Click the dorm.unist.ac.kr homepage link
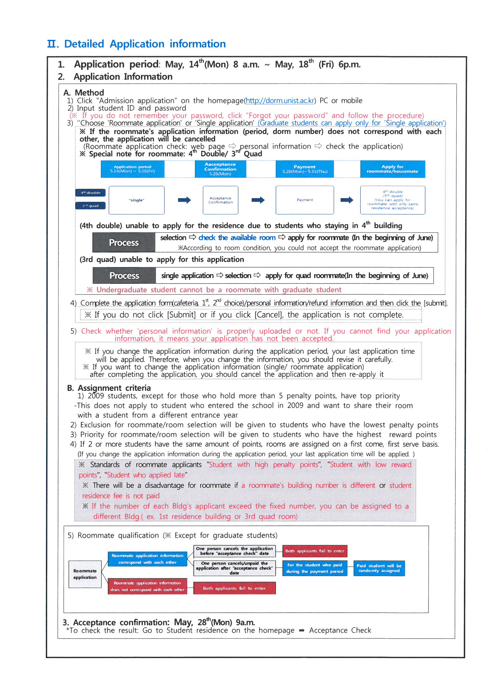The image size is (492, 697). [x=280, y=100]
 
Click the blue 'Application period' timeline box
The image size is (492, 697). [x=132, y=169]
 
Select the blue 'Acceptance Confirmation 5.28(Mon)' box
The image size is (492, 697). [x=220, y=169]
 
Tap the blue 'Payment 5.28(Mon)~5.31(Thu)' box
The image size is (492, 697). [x=305, y=169]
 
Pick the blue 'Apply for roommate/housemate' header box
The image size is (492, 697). [x=392, y=169]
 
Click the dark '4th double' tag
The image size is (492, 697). [x=90, y=193]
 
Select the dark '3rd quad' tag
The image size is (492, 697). [x=90, y=206]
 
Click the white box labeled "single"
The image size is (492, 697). [x=136, y=200]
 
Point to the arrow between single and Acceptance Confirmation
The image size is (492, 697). [x=184, y=200]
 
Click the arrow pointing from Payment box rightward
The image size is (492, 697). [x=347, y=200]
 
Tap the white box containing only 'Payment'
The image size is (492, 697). [x=305, y=200]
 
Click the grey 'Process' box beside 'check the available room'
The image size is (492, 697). [x=124, y=243]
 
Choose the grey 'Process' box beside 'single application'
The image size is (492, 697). [x=124, y=276]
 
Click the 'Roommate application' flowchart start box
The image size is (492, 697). [x=85, y=574]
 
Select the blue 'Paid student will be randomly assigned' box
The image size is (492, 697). [x=379, y=568]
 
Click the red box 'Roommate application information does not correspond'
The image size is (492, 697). [x=147, y=586]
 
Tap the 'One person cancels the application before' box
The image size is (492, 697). [x=234, y=551]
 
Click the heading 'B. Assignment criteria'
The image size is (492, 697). [x=109, y=388]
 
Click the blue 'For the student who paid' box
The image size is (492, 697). [x=315, y=568]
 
